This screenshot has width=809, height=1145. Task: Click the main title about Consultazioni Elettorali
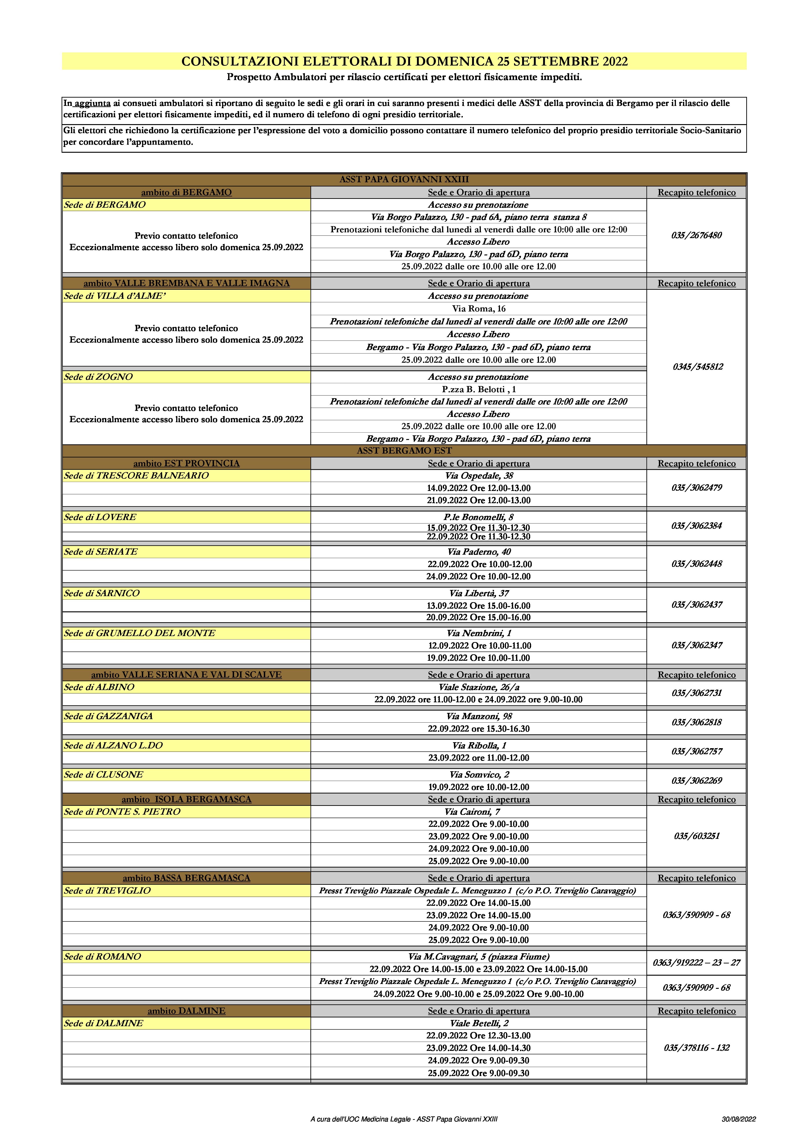(x=404, y=61)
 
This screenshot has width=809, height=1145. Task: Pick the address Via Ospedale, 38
(x=479, y=476)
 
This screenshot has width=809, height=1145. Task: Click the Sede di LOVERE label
(x=100, y=517)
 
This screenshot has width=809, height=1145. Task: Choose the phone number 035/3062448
(x=696, y=564)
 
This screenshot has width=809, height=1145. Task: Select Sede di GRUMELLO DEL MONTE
(x=140, y=633)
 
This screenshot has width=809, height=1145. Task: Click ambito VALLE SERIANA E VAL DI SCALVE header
(x=186, y=675)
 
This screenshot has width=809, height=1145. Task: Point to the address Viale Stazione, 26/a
(x=479, y=687)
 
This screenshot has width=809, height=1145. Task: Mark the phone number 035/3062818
(x=696, y=722)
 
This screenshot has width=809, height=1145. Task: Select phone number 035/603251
(x=696, y=836)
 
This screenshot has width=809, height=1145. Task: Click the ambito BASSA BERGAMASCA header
(x=186, y=878)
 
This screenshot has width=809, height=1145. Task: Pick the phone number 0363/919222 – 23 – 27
(x=696, y=963)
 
